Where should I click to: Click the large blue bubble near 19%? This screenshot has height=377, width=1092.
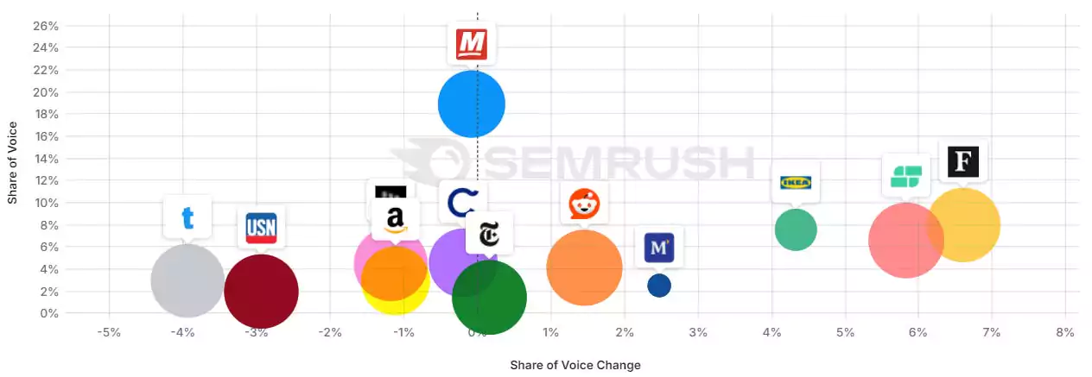tap(471, 104)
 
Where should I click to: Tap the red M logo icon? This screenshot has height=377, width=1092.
tap(472, 44)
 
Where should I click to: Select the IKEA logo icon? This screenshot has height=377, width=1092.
tap(796, 182)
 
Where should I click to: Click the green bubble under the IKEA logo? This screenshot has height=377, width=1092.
tap(796, 229)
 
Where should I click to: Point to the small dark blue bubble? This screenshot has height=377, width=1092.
tap(659, 286)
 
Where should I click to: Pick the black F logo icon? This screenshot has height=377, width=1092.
tap(962, 162)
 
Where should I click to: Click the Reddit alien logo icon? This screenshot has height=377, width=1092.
tap(584, 204)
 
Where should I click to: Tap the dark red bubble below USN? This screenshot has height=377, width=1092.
tap(261, 292)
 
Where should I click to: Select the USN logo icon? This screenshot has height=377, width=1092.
tap(261, 228)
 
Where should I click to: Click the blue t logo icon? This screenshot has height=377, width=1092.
tap(187, 217)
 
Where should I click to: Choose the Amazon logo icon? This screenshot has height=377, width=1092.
tap(396, 220)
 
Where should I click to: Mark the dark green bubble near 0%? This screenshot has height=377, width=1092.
tap(489, 298)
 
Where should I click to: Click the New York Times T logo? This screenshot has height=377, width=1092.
tap(489, 234)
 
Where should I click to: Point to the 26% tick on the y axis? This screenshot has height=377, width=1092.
tap(46, 25)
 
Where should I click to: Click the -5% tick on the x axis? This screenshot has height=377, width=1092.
tap(108, 332)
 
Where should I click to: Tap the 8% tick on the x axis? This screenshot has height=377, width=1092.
tap(1064, 332)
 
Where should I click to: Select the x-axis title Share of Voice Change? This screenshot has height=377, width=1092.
tap(575, 365)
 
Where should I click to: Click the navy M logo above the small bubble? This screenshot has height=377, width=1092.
tap(659, 248)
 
